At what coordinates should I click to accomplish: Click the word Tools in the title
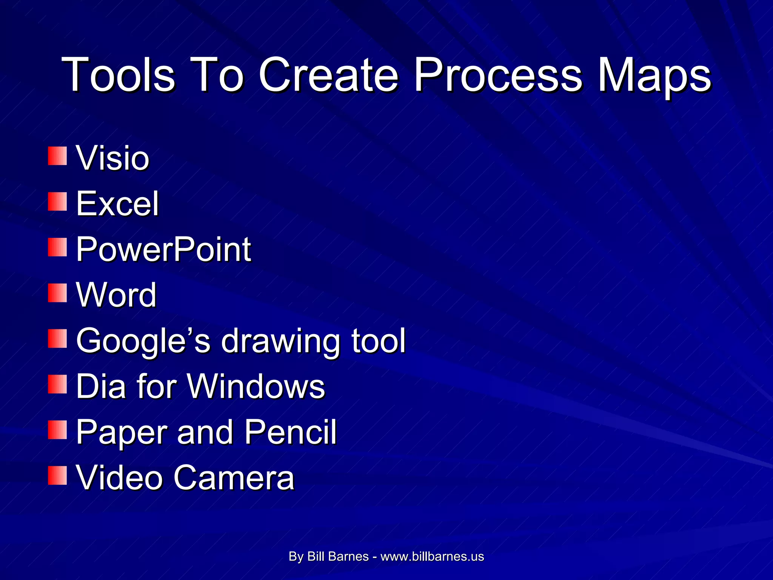tap(118, 74)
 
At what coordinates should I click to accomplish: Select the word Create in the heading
tap(328, 74)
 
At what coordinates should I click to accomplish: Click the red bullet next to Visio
tap(57, 156)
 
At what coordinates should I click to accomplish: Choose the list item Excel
tap(117, 204)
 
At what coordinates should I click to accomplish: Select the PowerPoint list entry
tap(163, 249)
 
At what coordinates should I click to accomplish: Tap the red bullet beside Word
tap(57, 293)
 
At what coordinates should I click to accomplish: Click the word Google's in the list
tap(143, 341)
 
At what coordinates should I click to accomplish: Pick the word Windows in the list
tap(256, 386)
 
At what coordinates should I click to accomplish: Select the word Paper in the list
tap(122, 432)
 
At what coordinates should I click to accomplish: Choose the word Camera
tap(234, 478)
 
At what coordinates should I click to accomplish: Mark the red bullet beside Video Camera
tap(57, 475)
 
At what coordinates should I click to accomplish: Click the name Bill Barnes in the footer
tap(338, 556)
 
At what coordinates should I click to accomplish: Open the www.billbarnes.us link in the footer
tap(432, 556)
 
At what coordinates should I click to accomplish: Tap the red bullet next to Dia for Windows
tap(57, 384)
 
